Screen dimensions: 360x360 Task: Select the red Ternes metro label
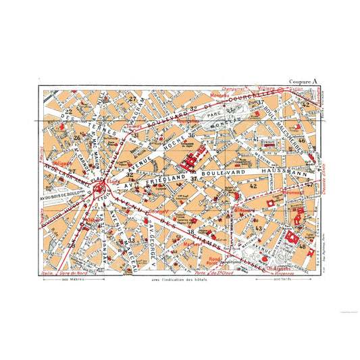coord(135,126)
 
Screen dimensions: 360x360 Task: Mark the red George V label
coord(160,211)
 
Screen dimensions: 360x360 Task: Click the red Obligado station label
coord(62,163)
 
